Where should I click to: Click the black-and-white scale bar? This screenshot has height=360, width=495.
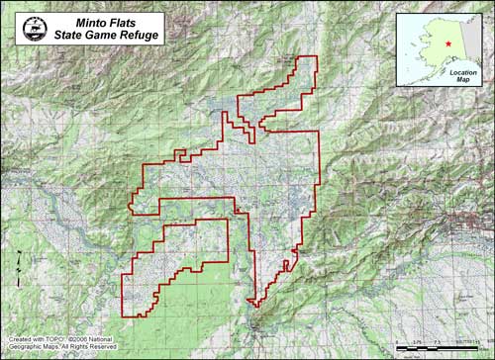pos(441,349)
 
